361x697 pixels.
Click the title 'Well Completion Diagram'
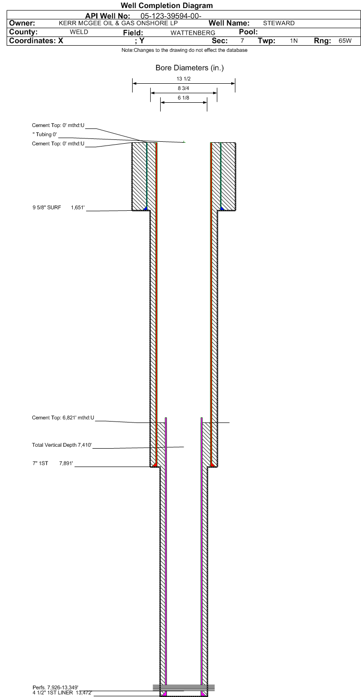(x=166, y=6)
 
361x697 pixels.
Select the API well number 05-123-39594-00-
(x=171, y=16)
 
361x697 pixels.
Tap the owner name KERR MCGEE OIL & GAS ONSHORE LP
(x=118, y=23)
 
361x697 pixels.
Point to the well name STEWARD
(x=279, y=23)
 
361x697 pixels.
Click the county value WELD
(x=79, y=32)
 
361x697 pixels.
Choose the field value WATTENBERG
(x=193, y=33)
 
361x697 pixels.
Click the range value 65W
(x=345, y=41)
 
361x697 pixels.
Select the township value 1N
(x=294, y=41)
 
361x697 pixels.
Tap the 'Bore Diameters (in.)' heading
(x=190, y=68)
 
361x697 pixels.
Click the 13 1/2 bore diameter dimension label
(x=184, y=79)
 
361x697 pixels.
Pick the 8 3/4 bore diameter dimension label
(x=184, y=88)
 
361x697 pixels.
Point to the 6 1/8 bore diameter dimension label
(x=184, y=98)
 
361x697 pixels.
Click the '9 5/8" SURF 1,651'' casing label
(x=59, y=207)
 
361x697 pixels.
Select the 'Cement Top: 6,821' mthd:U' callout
(x=63, y=418)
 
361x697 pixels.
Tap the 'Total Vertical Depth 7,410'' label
(x=61, y=445)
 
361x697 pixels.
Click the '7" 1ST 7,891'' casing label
(x=53, y=463)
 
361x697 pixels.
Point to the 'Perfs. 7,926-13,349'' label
(x=55, y=687)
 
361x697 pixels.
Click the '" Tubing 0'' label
(x=44, y=135)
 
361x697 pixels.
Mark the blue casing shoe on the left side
(x=145, y=208)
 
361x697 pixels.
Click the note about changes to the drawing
(x=185, y=50)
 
